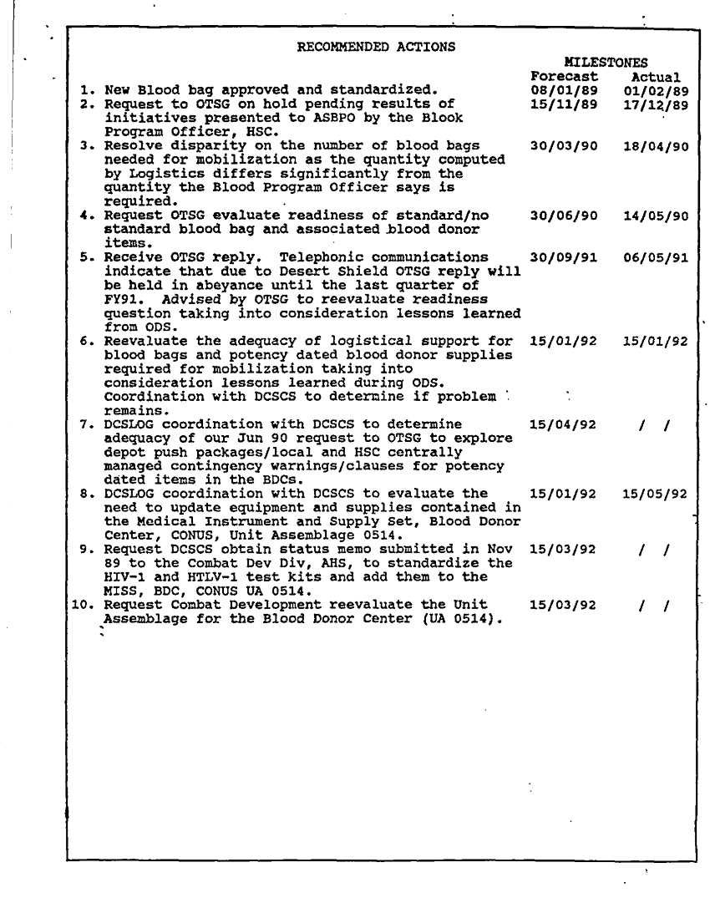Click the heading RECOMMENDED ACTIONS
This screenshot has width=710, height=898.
pos(376,47)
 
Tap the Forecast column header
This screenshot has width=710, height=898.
pos(564,77)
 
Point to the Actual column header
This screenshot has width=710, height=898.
pos(657,77)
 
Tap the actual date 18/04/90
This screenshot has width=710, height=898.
pos(656,146)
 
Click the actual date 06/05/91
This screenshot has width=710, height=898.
pos(656,257)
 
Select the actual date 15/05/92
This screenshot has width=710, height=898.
pos(656,494)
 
